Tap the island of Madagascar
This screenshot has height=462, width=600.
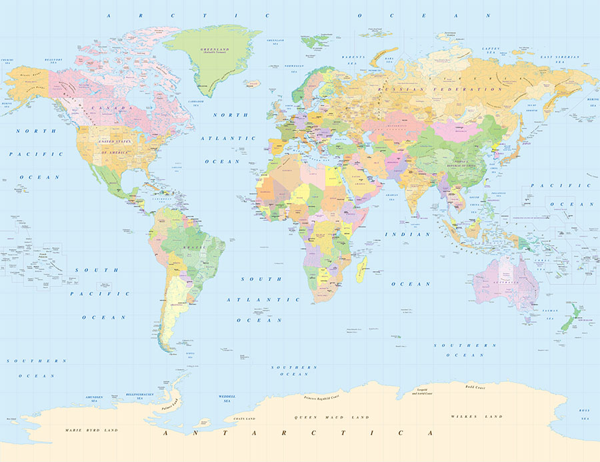point(361,270)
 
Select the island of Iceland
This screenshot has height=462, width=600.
point(252,84)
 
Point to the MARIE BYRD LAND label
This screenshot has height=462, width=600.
point(91,430)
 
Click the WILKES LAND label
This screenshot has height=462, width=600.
point(476,417)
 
